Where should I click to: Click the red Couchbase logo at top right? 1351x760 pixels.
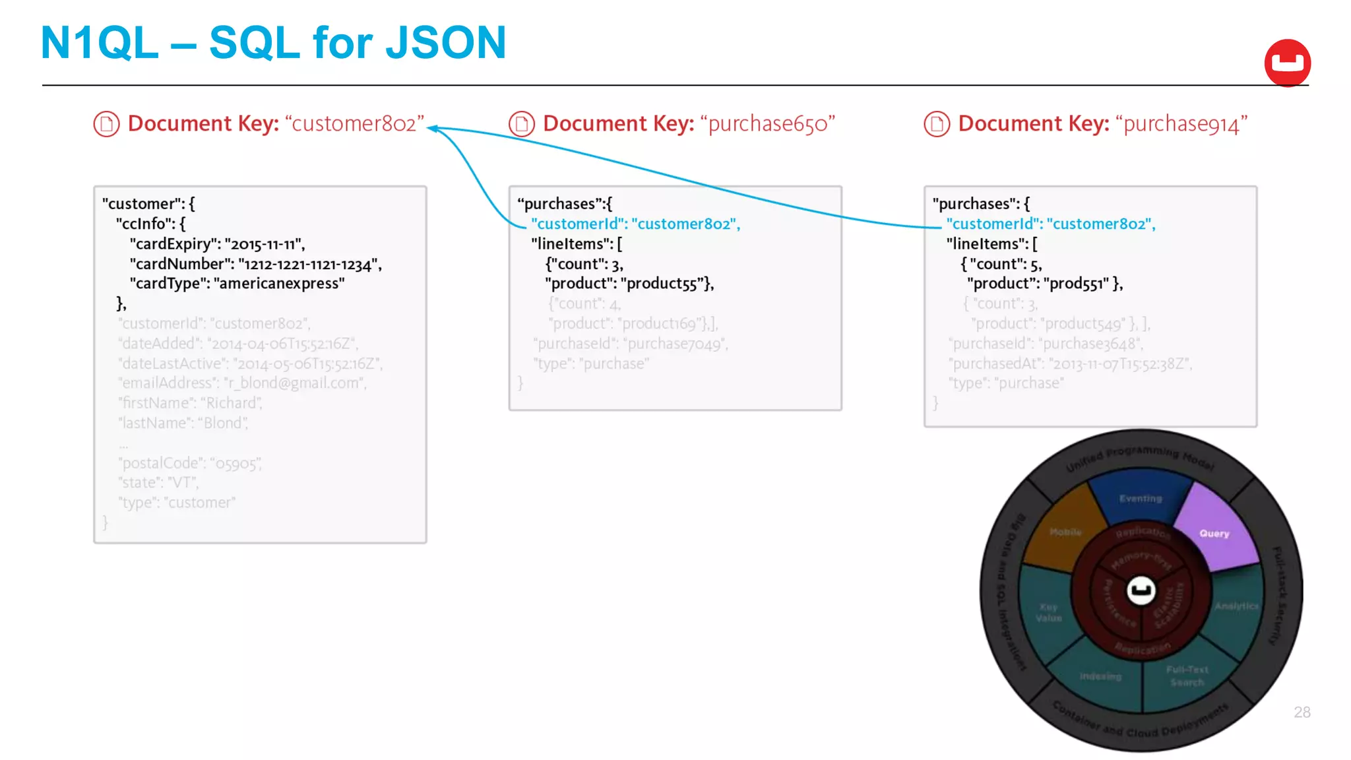(x=1287, y=63)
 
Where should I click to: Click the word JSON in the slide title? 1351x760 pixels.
(x=445, y=42)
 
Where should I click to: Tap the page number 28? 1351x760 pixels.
(x=1302, y=712)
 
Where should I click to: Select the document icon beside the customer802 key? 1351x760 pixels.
(x=106, y=124)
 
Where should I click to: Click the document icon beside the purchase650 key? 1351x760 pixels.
(x=521, y=124)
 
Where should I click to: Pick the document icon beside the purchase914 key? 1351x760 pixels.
(x=936, y=124)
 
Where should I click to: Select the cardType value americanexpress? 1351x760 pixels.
(x=279, y=284)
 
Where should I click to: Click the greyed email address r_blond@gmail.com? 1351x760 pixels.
(x=295, y=383)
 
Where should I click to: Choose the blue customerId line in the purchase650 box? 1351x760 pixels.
(x=635, y=224)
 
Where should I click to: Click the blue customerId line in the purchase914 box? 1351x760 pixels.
(x=1050, y=224)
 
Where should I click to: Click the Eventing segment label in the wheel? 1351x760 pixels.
(x=1141, y=498)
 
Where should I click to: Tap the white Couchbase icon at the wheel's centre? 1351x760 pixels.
(x=1141, y=590)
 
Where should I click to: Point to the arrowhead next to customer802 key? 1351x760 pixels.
(x=432, y=129)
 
